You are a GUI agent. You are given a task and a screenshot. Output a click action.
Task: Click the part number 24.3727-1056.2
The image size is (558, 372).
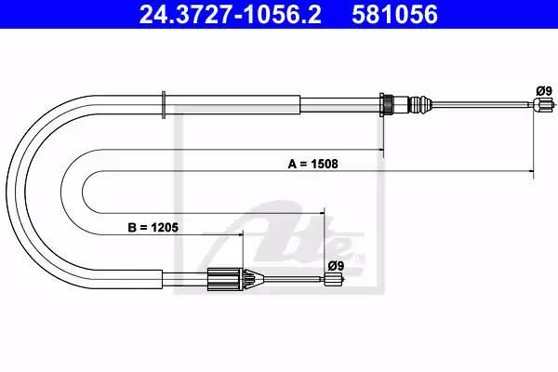click(231, 14)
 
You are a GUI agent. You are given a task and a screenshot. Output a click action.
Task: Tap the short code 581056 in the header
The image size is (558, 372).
click(394, 14)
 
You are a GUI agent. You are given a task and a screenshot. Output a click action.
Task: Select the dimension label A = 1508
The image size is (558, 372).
click(312, 164)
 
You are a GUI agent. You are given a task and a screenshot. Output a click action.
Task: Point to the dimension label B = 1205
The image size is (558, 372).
click(153, 227)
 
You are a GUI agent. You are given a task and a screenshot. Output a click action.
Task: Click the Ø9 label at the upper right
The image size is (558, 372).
click(544, 91)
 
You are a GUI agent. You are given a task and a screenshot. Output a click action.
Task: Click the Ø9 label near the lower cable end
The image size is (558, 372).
click(336, 266)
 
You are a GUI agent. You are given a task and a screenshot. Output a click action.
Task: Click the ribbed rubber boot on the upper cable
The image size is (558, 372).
click(419, 105)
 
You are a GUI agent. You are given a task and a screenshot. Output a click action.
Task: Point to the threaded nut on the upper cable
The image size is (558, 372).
click(386, 105)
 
